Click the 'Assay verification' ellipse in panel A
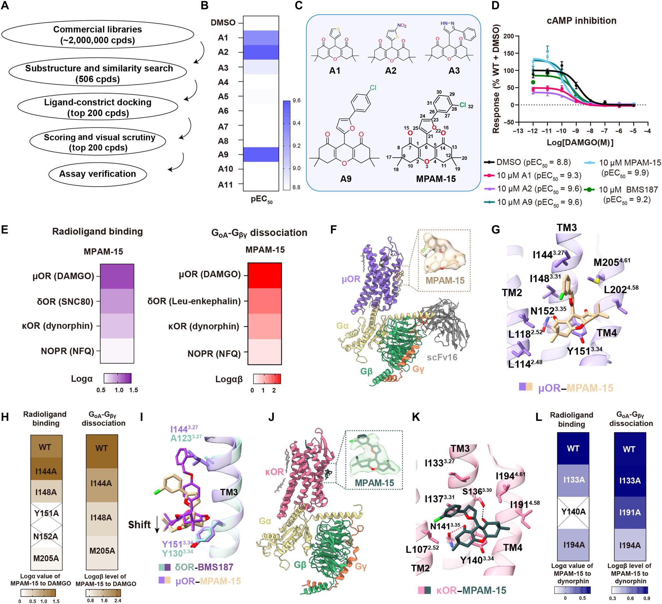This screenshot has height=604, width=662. pyautogui.click(x=98, y=174)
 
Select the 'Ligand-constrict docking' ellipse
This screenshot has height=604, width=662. pyautogui.click(x=98, y=107)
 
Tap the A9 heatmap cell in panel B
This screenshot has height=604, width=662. pyautogui.click(x=261, y=154)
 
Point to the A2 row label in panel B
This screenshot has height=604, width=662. pyautogui.click(x=223, y=52)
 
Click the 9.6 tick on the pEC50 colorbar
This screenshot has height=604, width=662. pyautogui.click(x=296, y=101)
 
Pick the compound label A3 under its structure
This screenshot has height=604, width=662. pyautogui.click(x=454, y=70)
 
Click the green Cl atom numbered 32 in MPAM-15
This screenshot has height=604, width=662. pyautogui.click(x=462, y=105)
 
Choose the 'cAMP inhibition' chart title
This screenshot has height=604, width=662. pyautogui.click(x=582, y=21)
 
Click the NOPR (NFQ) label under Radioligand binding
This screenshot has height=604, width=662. pyautogui.click(x=67, y=351)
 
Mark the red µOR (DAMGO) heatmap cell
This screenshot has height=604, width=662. pyautogui.click(x=265, y=275)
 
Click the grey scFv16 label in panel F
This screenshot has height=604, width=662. pyautogui.click(x=442, y=357)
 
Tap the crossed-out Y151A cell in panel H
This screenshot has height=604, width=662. pyautogui.click(x=46, y=514)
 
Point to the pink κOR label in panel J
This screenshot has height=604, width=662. pyautogui.click(x=274, y=472)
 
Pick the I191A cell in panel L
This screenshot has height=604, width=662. pyautogui.click(x=630, y=513)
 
